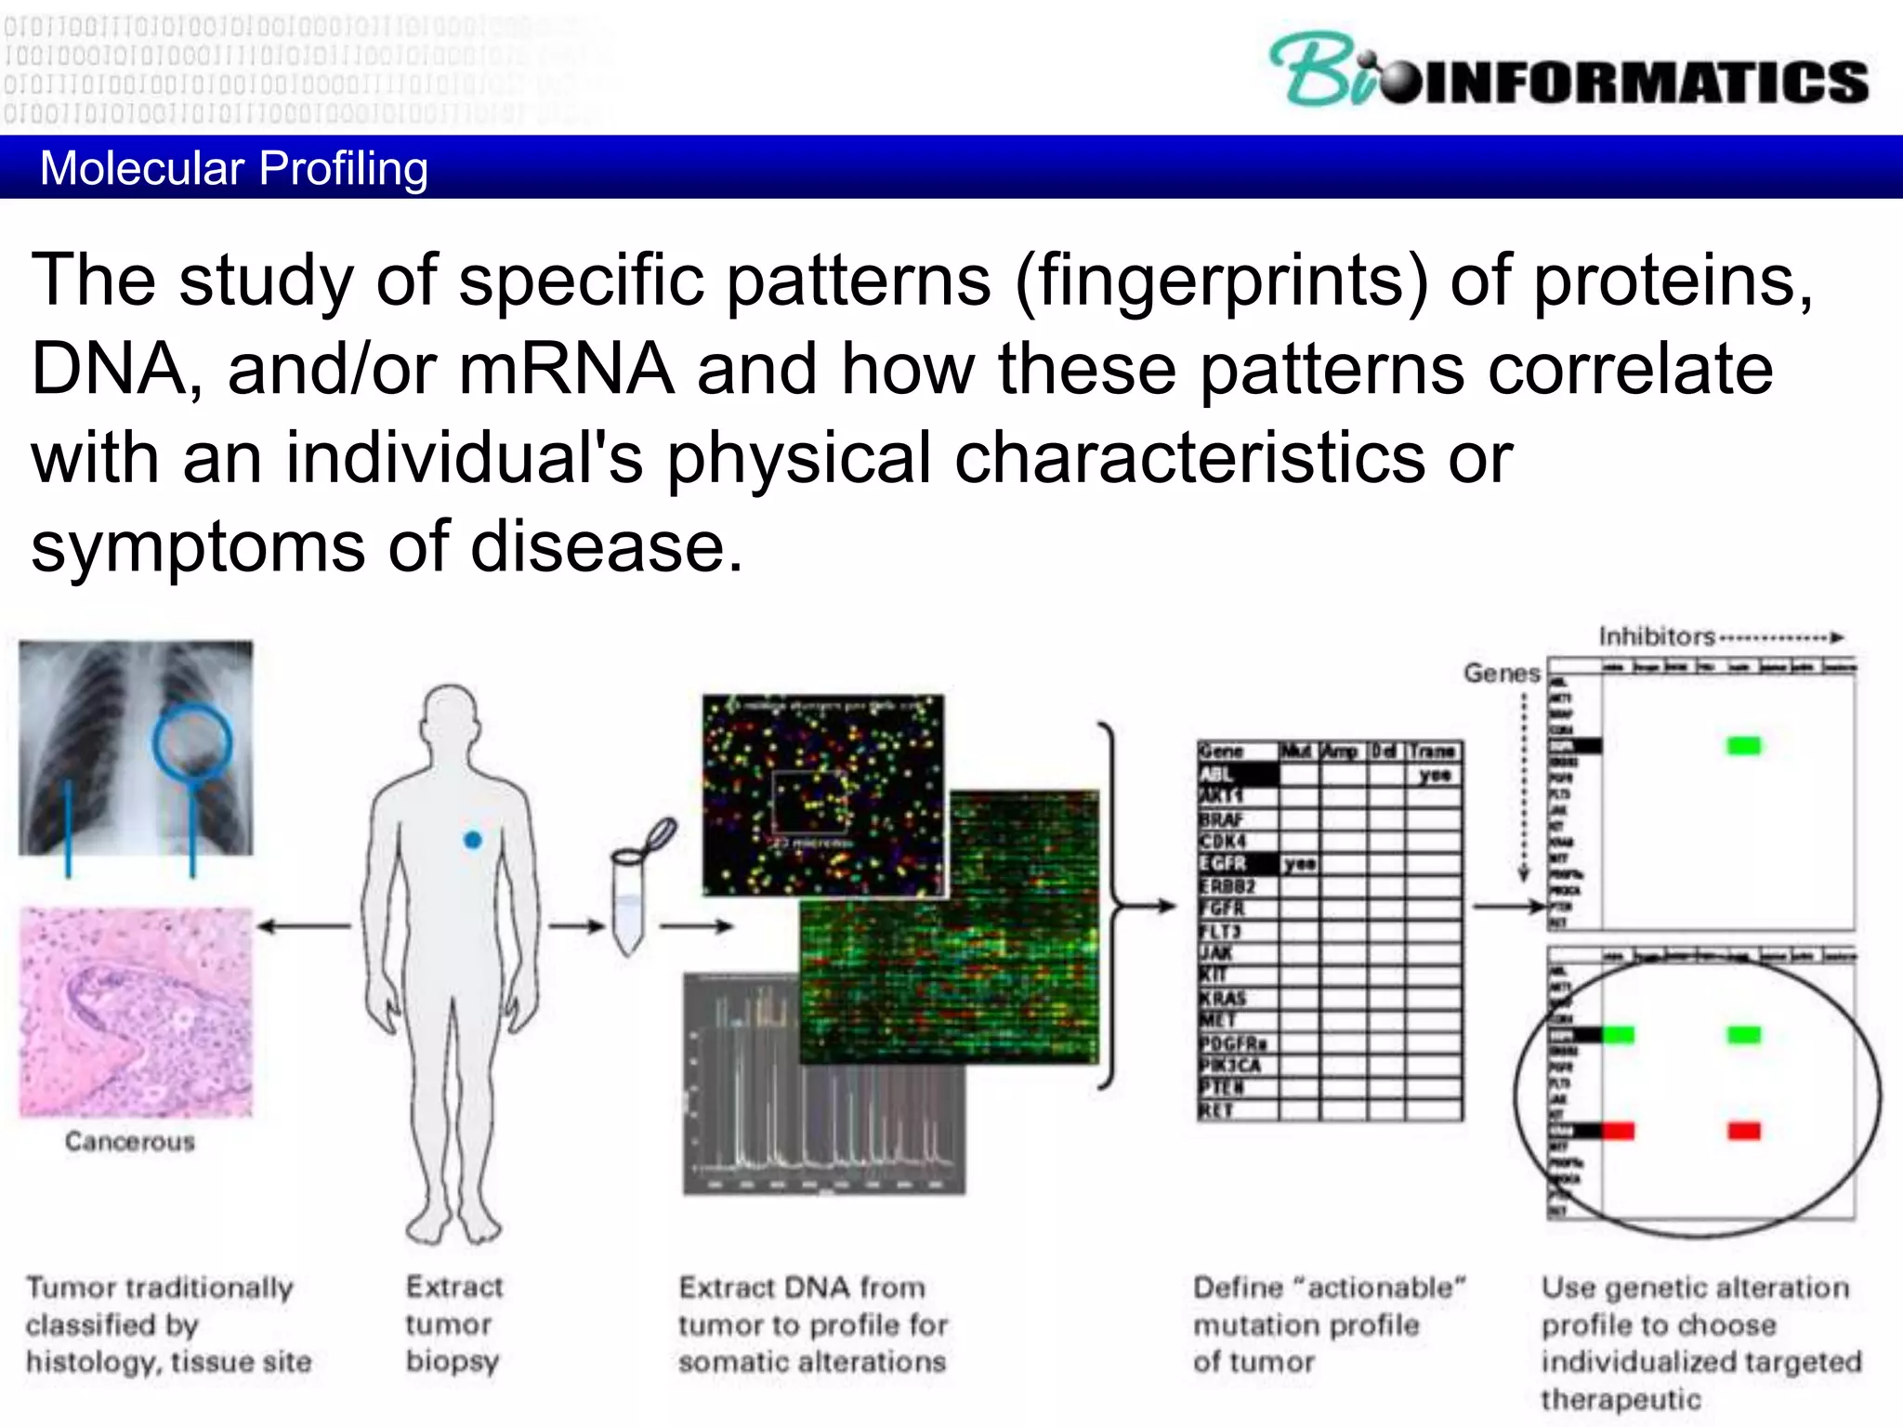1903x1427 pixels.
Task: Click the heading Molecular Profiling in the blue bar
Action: point(234,168)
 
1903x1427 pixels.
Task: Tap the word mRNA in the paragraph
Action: point(567,369)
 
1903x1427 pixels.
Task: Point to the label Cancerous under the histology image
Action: point(130,1141)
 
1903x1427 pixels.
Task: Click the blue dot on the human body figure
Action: point(472,840)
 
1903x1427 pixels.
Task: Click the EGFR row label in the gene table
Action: point(1223,863)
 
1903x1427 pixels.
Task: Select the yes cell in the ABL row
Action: point(1434,774)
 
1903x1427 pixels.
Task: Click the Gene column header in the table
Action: point(1221,751)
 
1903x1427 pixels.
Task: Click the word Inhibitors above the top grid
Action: point(1656,636)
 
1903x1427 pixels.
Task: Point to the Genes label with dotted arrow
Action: point(1502,673)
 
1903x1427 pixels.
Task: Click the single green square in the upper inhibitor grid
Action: point(1743,745)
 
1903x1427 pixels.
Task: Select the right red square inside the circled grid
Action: point(1743,1131)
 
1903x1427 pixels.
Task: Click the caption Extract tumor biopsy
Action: point(453,1323)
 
